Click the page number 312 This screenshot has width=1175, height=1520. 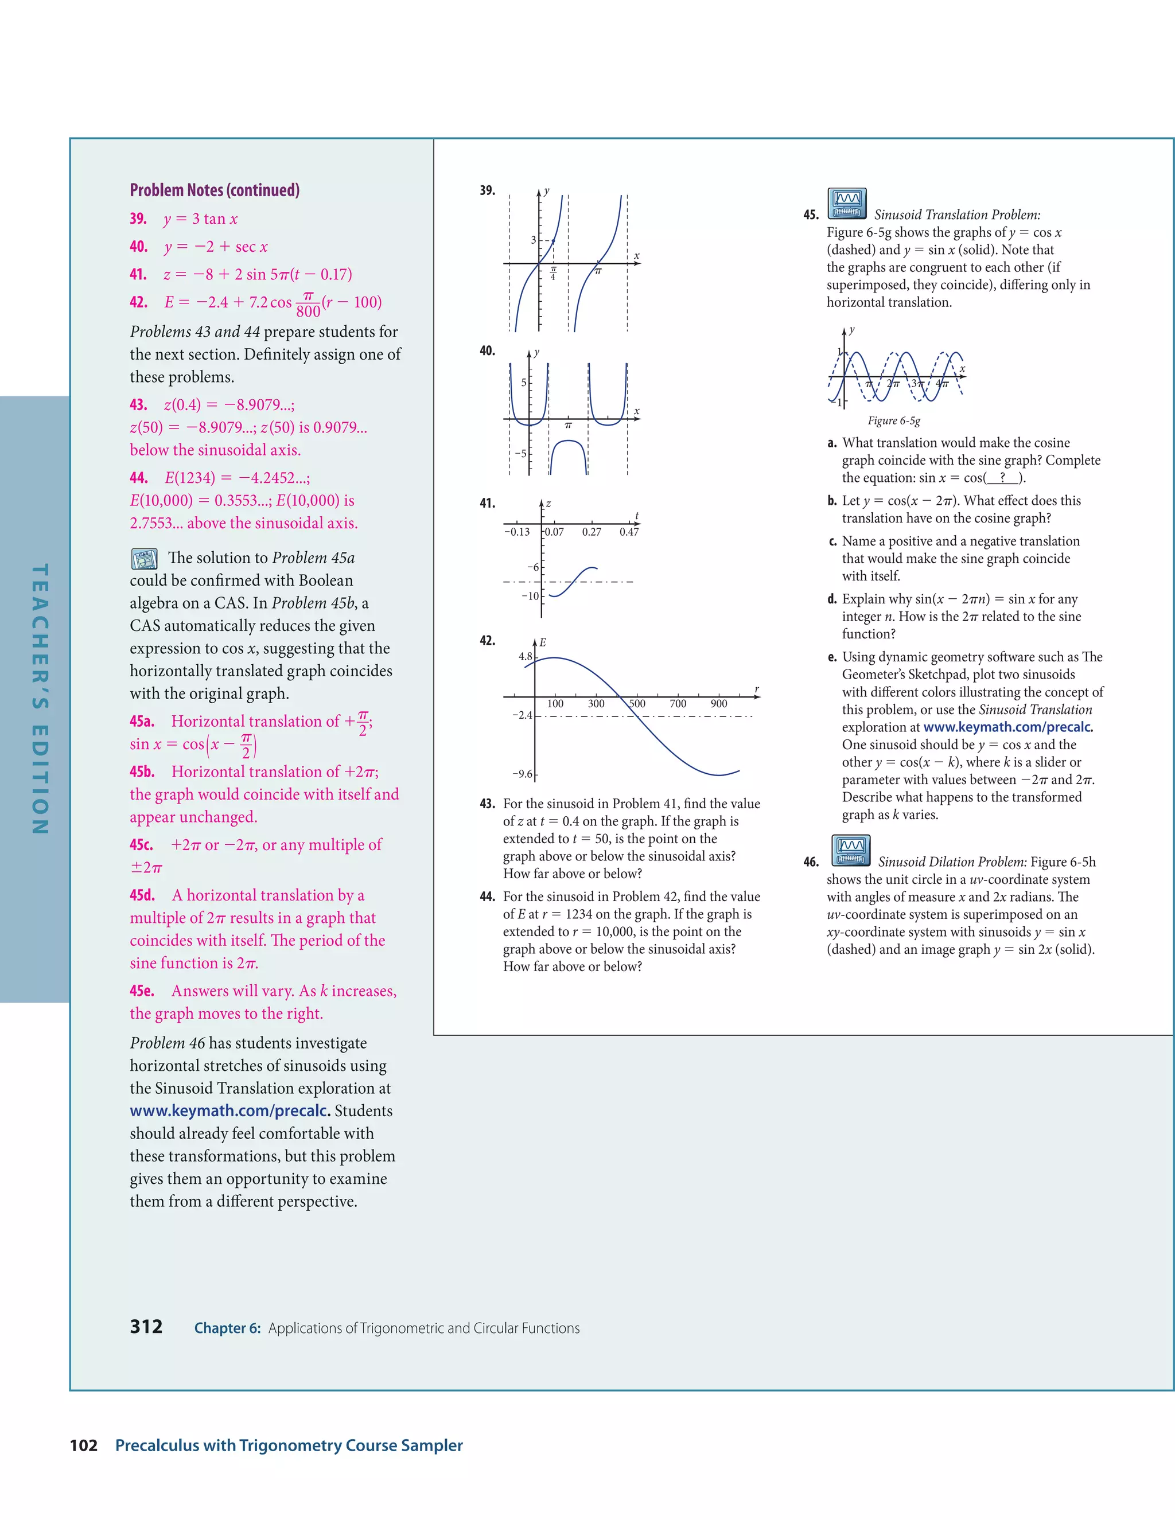pyautogui.click(x=146, y=1327)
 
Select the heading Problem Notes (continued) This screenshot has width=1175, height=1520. pyautogui.click(x=215, y=190)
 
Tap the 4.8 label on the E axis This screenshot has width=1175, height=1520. pyautogui.click(x=525, y=656)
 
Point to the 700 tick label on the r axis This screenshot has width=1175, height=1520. pyautogui.click(x=678, y=704)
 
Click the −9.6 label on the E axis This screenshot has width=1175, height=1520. pyautogui.click(x=523, y=774)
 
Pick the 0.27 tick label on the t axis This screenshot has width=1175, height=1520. pyautogui.click(x=592, y=532)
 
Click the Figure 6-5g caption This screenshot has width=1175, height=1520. pyautogui.click(x=894, y=420)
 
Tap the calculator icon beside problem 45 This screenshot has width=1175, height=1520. pyautogui.click(x=846, y=203)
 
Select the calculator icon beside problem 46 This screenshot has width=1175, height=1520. pyautogui.click(x=851, y=851)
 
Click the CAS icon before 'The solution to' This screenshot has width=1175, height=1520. pyautogui.click(x=144, y=558)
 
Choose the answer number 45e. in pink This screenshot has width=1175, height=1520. pyautogui.click(x=142, y=991)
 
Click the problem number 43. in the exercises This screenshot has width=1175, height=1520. pyautogui.click(x=487, y=804)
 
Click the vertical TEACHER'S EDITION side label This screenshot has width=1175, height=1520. pyautogui.click(x=40, y=699)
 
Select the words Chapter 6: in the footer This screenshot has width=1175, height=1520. pyautogui.click(x=227, y=1328)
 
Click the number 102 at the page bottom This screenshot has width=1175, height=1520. pyautogui.click(x=84, y=1445)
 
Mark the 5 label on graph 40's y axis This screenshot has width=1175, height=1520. pyautogui.click(x=524, y=383)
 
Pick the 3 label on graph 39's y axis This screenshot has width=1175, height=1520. pyautogui.click(x=533, y=240)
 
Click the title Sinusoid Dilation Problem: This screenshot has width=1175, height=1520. pyautogui.click(x=952, y=862)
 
